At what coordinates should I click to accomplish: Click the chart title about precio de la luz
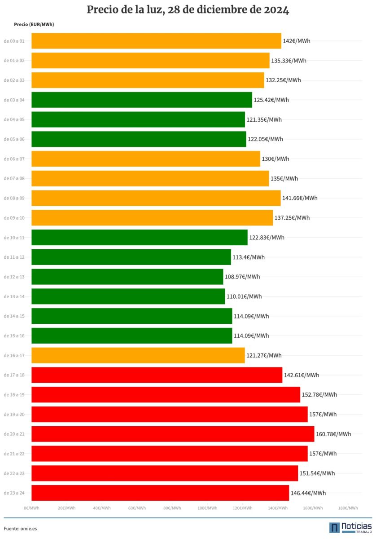pos(188,10)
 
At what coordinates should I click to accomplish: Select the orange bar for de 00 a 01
pos(156,41)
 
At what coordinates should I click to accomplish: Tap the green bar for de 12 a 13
pos(127,277)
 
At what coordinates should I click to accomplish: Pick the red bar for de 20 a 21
pos(173,434)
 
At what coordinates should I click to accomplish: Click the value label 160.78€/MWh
pos(333,434)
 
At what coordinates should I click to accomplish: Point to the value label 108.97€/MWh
pos(242,277)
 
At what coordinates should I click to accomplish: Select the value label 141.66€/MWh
pos(300,198)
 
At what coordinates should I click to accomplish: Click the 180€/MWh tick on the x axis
pos(348,508)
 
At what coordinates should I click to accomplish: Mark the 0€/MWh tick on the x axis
pos(31,508)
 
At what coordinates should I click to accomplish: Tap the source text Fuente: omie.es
pos(20,529)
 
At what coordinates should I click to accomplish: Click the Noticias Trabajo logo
pos(350,527)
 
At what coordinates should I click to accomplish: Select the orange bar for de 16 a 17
pos(138,355)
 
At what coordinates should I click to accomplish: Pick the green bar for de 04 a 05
pos(138,119)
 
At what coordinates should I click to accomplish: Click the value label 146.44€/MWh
pos(308,493)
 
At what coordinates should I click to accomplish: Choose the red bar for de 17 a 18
pos(157,375)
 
